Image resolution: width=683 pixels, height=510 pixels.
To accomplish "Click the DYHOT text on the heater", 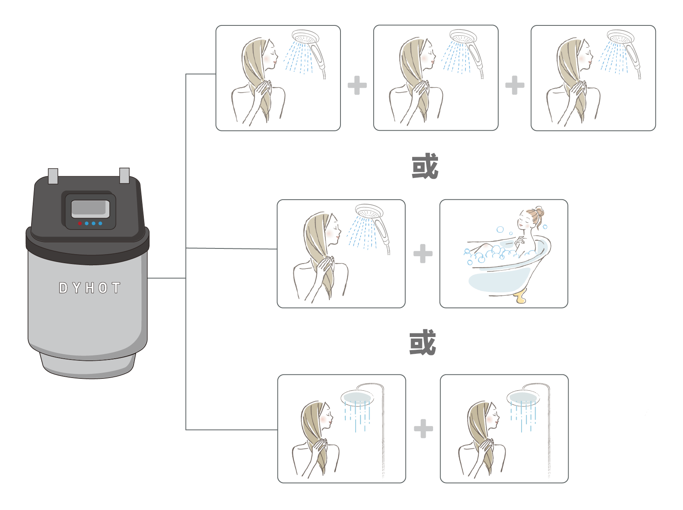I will click(x=89, y=288).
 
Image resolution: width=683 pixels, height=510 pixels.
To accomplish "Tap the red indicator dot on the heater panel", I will click(x=80, y=223).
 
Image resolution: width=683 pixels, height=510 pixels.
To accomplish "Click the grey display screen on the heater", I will click(x=90, y=209).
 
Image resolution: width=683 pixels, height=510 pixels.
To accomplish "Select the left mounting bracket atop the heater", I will click(x=53, y=176).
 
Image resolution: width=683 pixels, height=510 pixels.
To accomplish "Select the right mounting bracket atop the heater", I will click(x=124, y=175).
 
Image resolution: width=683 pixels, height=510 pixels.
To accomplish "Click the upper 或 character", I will click(x=425, y=166).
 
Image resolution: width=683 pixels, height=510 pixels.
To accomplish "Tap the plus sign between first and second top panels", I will click(x=357, y=85).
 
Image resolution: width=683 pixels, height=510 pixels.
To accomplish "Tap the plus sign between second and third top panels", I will click(x=515, y=85).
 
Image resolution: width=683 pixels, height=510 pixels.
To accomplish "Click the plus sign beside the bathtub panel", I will click(x=423, y=254).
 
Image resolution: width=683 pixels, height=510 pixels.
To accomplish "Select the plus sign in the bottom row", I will click(x=423, y=429).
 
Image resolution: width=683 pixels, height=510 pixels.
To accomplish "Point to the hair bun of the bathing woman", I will click(x=539, y=212).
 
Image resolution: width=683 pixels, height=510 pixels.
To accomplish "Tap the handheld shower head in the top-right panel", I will click(x=620, y=37).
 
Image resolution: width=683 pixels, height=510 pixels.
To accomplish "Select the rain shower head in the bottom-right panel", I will click(x=523, y=397).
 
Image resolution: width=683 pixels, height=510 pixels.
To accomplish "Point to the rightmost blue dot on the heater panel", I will click(x=100, y=223).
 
